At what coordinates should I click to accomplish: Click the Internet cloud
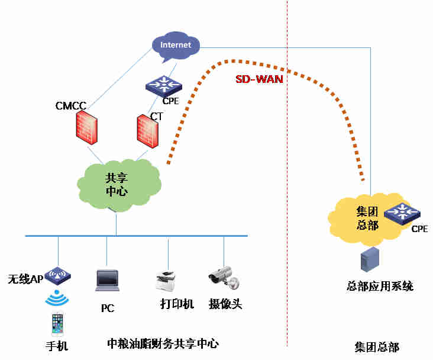176,45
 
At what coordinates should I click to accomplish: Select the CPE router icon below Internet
163,86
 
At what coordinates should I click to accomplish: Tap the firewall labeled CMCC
88,126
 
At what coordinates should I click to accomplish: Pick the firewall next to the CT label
148,131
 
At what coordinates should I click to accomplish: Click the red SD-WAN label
259,79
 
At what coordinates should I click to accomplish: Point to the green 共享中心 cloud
118,184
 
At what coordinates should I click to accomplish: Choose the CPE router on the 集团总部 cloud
402,213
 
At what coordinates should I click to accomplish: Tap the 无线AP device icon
58,274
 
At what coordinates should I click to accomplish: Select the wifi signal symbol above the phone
57,297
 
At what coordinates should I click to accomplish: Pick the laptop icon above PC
107,280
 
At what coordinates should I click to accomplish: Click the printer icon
167,280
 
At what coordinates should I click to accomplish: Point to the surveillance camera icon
223,278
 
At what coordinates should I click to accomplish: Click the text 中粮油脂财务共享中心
163,343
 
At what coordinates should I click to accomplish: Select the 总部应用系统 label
380,287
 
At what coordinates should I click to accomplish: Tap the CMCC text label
71,106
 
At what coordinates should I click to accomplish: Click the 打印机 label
177,304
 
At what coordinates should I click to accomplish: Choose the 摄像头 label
225,304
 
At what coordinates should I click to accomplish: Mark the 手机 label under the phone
57,346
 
